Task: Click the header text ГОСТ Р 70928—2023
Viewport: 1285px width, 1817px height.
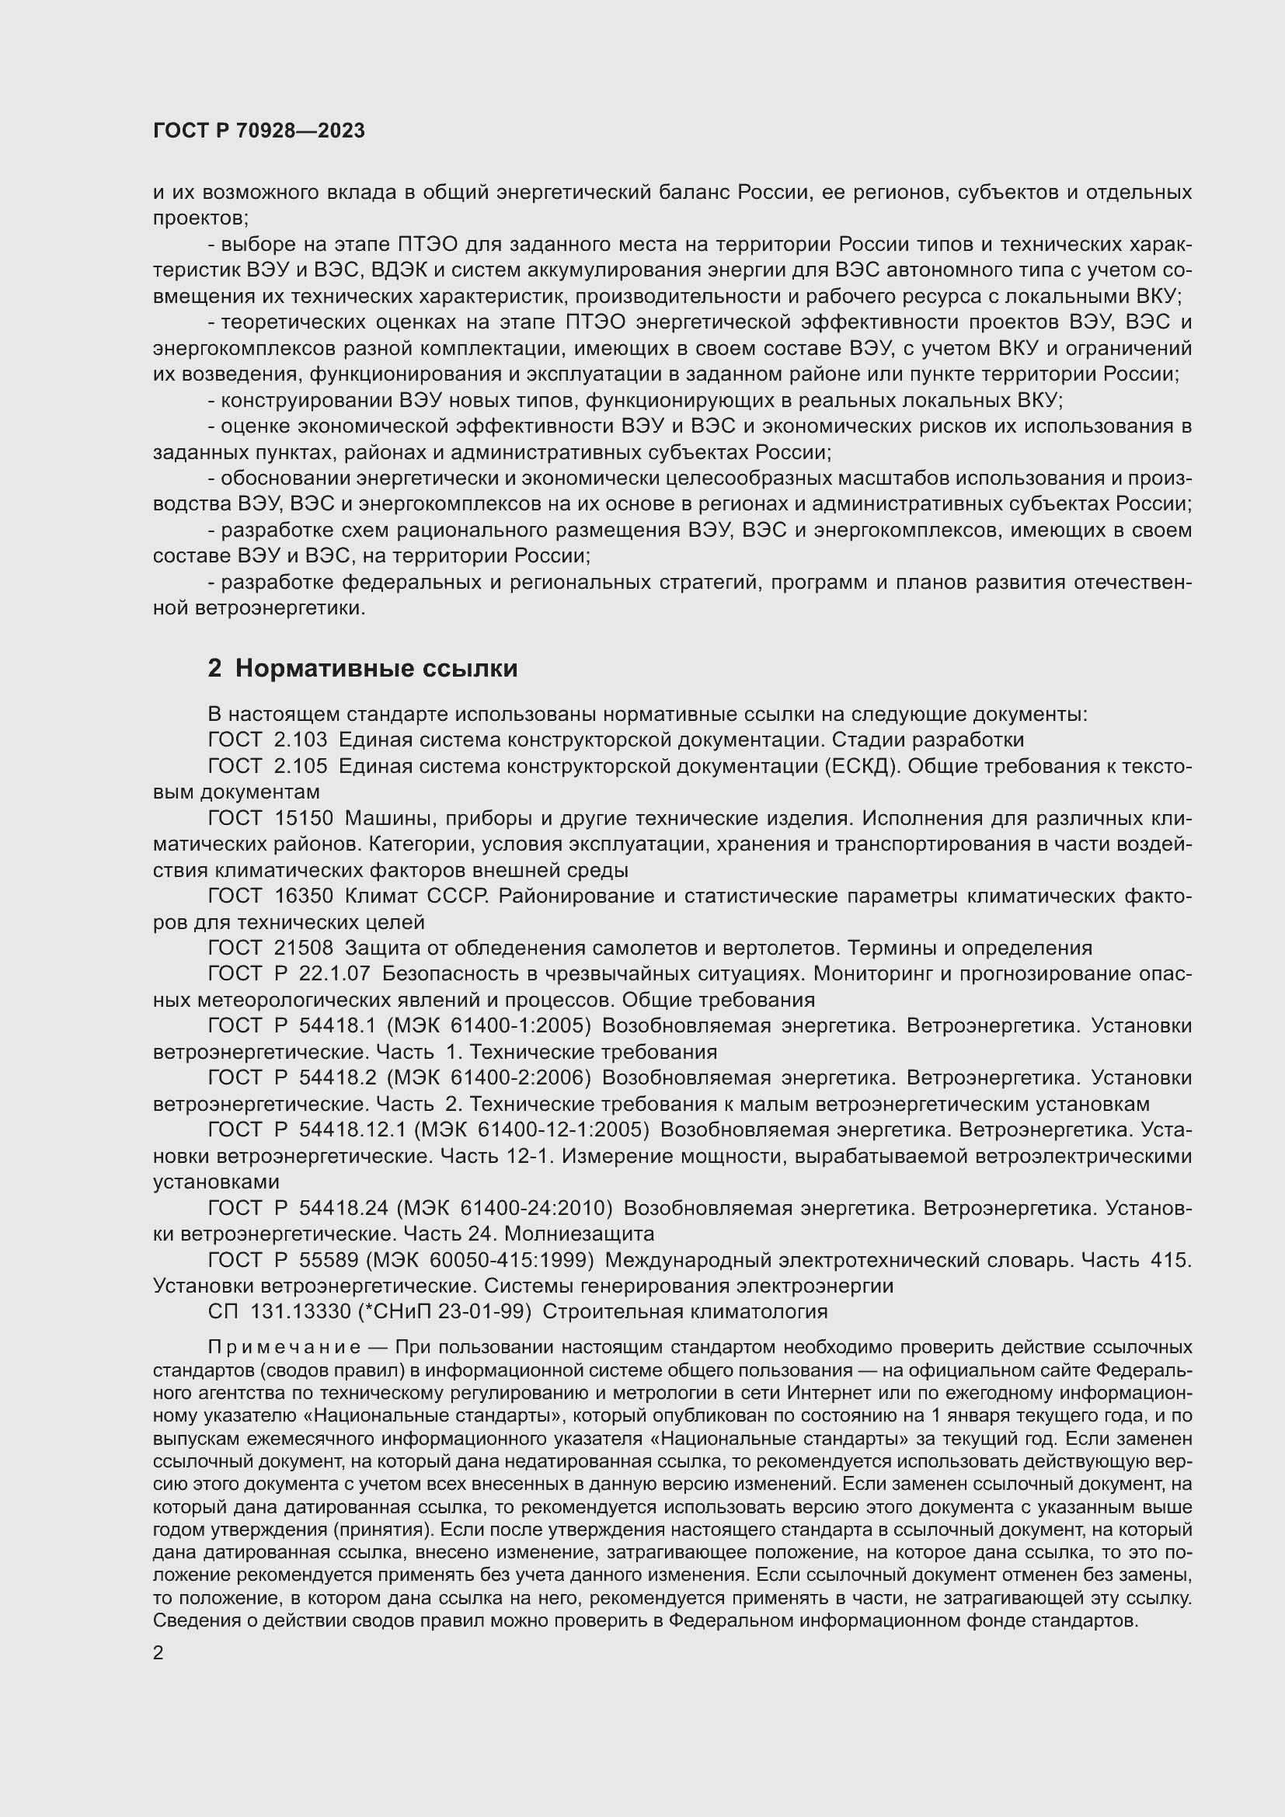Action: [x=259, y=131]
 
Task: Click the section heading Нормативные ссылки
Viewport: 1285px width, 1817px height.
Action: [x=376, y=669]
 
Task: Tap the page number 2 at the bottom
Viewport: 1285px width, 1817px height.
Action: [x=158, y=1652]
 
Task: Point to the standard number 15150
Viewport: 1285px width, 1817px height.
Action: [x=304, y=818]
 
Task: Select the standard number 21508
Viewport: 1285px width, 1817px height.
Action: [x=304, y=948]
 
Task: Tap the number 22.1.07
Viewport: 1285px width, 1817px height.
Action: [x=336, y=974]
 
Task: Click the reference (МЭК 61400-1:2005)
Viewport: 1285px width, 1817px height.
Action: [x=488, y=1025]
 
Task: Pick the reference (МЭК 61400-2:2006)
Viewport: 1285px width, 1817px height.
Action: [x=488, y=1078]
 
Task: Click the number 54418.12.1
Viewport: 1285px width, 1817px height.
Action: [x=352, y=1130]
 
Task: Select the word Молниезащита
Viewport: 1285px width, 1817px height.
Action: [x=579, y=1234]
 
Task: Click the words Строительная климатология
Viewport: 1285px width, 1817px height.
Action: [x=684, y=1312]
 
